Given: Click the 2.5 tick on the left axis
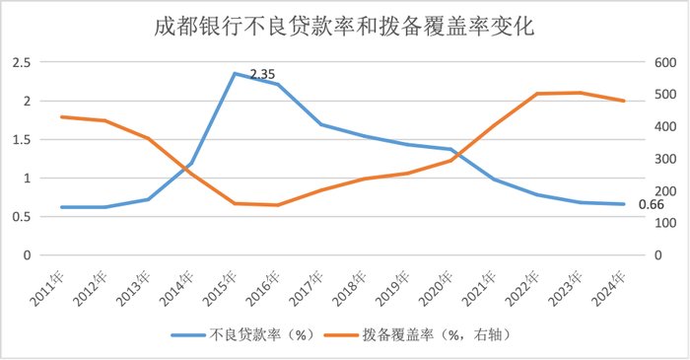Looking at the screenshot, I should click(x=21, y=62).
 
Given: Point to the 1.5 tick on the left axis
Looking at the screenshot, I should click(x=21, y=139).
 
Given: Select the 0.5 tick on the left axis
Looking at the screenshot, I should click(x=21, y=216).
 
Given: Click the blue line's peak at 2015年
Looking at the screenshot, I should click(x=235, y=73).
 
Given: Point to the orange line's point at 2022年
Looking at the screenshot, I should click(x=537, y=94).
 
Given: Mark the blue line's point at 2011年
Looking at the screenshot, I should click(x=62, y=207).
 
